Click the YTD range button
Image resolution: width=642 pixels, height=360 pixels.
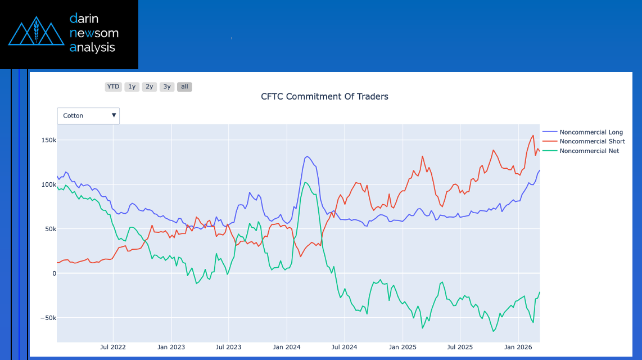click(113, 87)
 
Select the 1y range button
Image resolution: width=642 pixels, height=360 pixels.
click(132, 87)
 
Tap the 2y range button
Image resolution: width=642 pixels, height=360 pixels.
click(149, 87)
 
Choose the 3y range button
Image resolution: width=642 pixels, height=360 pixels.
click(166, 87)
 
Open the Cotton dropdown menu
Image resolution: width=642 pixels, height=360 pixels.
click(88, 115)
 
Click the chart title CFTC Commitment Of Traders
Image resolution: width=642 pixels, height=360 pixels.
click(324, 96)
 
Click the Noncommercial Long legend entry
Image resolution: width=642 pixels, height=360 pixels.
click(591, 132)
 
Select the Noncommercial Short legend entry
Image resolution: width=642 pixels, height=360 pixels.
click(592, 141)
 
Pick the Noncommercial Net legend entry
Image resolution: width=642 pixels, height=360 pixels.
click(589, 151)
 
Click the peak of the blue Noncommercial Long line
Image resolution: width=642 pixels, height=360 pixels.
click(307, 156)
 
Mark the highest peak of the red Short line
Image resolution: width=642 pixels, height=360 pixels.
click(533, 135)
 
